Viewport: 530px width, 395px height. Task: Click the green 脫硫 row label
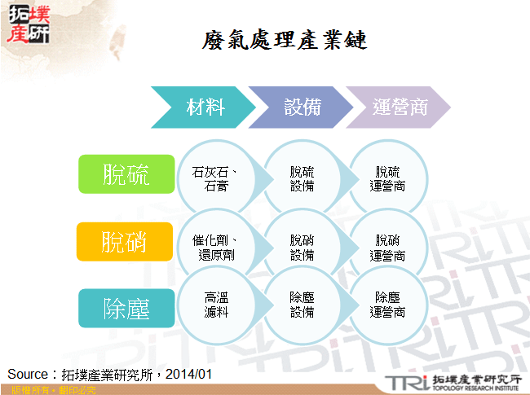coord(126,174)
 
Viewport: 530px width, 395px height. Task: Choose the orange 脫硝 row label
coord(126,241)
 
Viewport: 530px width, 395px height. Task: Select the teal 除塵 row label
coord(126,309)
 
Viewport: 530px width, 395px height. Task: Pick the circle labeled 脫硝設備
coord(302,247)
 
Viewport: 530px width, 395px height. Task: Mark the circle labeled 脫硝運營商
coord(387,247)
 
